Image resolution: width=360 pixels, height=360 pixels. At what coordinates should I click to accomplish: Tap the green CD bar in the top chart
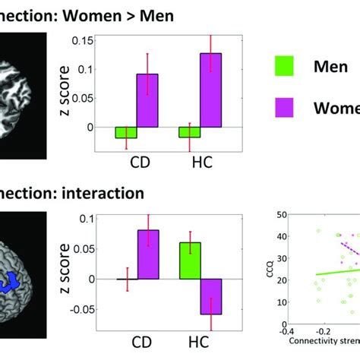point(125,133)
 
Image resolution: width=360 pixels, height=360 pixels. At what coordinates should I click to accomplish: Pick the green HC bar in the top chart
point(189,132)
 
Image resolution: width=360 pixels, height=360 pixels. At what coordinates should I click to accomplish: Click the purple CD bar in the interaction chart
point(147,254)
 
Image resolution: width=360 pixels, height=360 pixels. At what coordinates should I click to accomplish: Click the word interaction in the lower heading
point(99,193)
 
